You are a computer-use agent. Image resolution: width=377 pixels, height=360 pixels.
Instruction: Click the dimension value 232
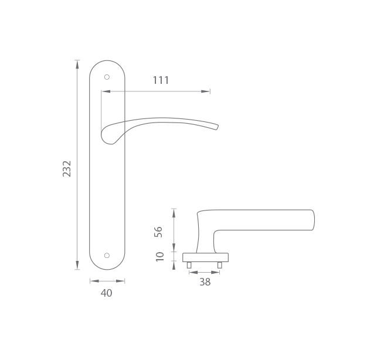[x=67, y=169]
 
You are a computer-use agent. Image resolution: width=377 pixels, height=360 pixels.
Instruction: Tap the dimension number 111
[x=161, y=80]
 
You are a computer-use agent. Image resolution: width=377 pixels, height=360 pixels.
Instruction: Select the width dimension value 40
[x=107, y=293]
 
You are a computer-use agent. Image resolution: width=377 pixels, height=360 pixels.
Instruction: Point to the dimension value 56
[x=158, y=232]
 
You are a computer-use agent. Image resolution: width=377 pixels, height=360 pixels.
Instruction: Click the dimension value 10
[x=159, y=257]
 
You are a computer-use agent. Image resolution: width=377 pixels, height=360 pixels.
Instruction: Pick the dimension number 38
[x=205, y=282]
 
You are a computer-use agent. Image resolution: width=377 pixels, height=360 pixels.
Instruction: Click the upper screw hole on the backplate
[x=107, y=77]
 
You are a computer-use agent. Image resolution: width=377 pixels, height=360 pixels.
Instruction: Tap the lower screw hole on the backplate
[x=107, y=256]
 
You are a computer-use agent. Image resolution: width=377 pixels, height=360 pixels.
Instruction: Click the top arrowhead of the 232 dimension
[x=77, y=64]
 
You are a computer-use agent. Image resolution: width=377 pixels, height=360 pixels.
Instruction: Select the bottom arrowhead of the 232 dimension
[x=77, y=265]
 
